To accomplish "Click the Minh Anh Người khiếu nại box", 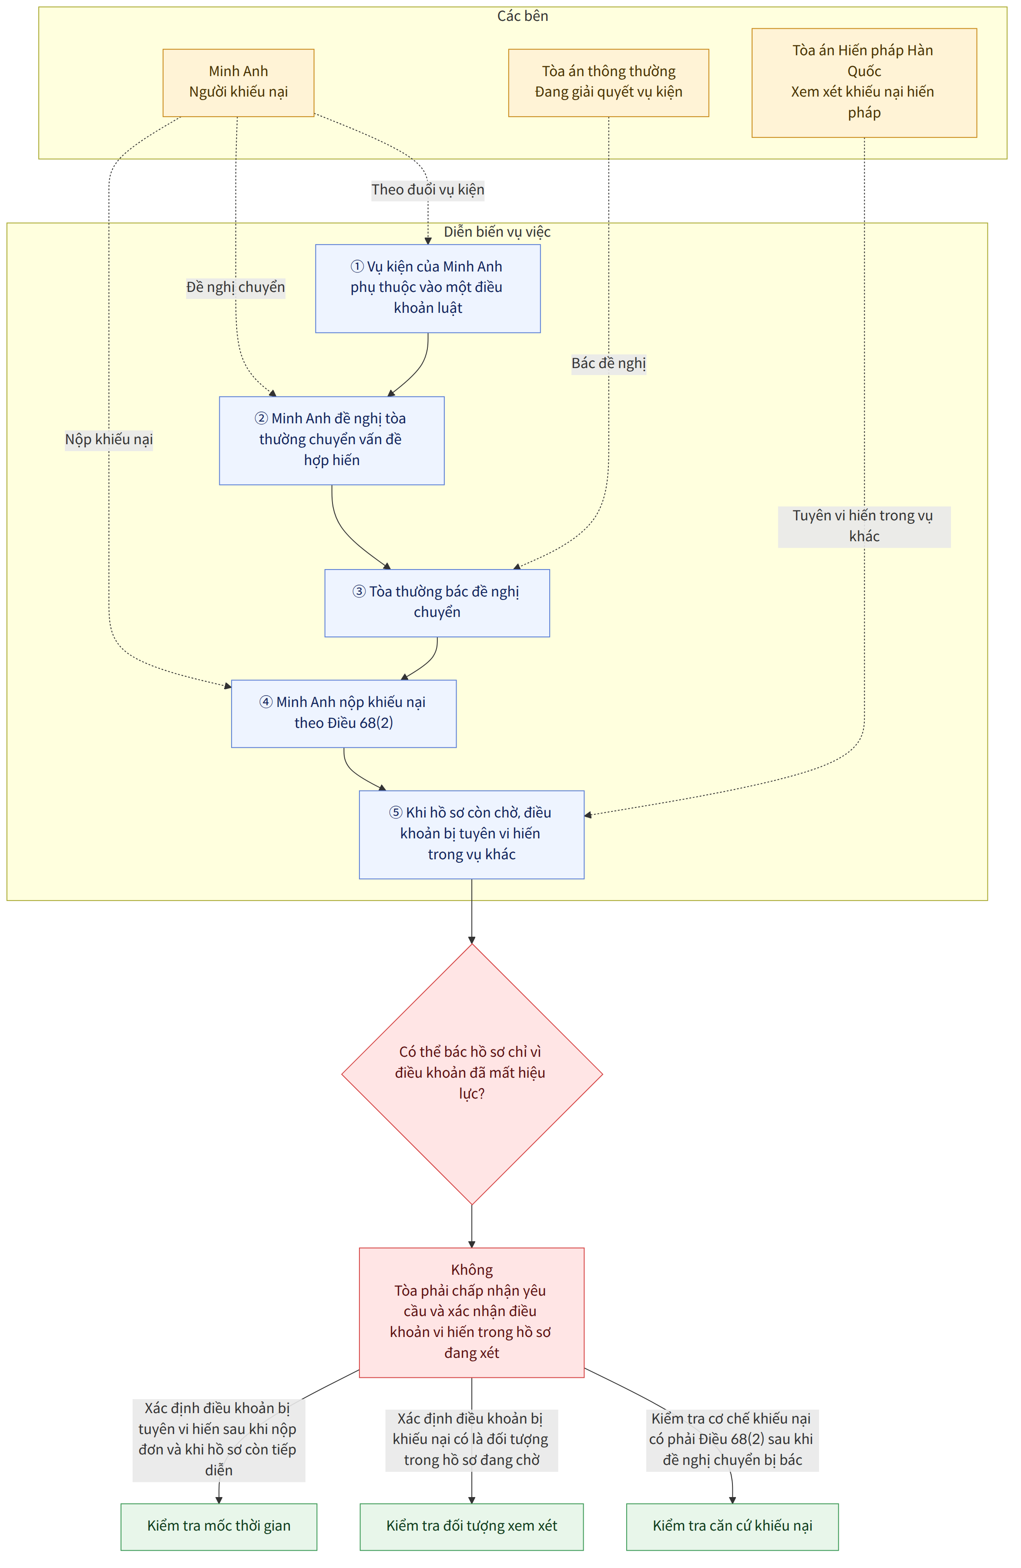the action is point(238,82).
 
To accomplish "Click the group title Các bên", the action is point(522,16).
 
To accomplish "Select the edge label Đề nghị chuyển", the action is point(235,287).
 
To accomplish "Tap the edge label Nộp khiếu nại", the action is point(109,439).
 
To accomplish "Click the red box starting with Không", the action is point(471,1312).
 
